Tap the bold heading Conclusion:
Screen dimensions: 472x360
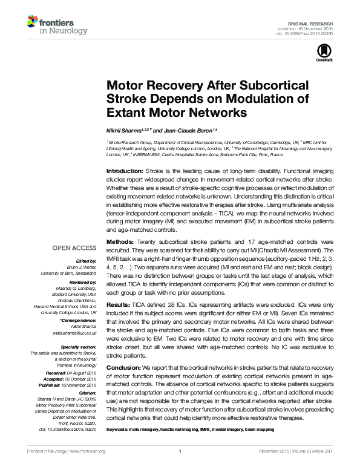click(124, 368)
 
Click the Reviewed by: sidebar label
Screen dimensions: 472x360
click(83, 282)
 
